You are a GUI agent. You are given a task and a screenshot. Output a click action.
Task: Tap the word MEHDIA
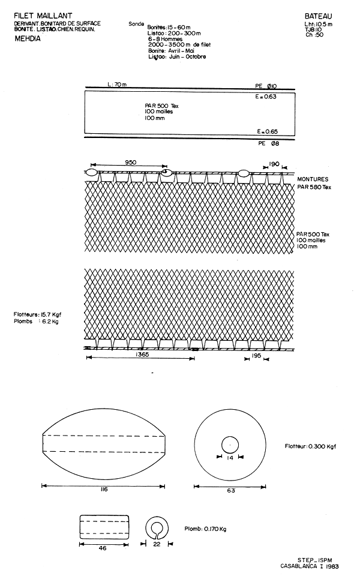tap(26, 37)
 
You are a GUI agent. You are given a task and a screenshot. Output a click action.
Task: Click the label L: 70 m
tap(116, 85)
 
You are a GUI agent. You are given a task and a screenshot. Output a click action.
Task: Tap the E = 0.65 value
tap(266, 131)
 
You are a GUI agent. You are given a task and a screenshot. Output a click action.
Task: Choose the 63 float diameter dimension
tap(231, 490)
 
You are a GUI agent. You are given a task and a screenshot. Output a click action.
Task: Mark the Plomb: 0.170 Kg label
tap(206, 530)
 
